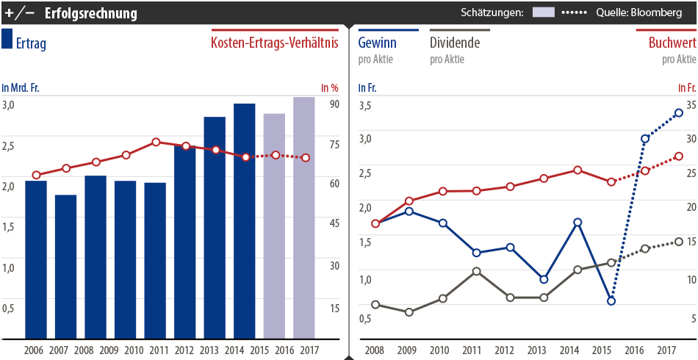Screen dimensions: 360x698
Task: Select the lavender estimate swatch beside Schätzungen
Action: coord(543,12)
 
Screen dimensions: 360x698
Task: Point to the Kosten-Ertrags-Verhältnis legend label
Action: coord(274,43)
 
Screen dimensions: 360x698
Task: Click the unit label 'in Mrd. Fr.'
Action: coord(21,88)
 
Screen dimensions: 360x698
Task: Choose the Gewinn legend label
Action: coord(377,43)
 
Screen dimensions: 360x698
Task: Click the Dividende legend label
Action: coord(455,43)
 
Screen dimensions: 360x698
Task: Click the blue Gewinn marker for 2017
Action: coord(679,113)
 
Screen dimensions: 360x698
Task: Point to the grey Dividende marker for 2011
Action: coord(476,271)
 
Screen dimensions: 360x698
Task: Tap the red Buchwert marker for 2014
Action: coord(578,170)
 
